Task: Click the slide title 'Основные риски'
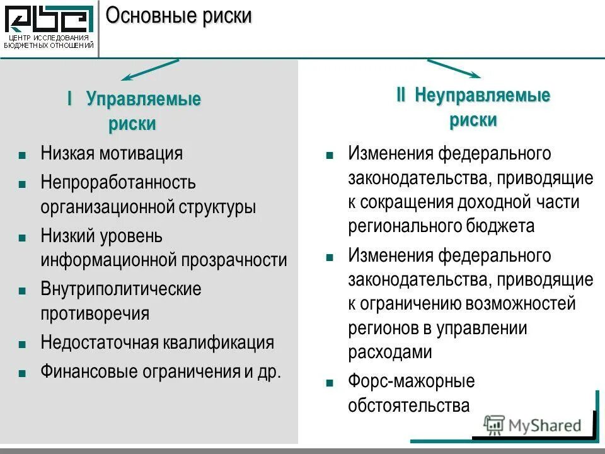(178, 16)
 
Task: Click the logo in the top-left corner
(49, 25)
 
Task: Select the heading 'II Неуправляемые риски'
(473, 108)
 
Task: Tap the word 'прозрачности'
(234, 260)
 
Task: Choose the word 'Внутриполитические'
(121, 289)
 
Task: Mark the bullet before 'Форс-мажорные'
(329, 383)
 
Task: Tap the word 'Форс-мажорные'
(411, 381)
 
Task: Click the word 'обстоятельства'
(408, 405)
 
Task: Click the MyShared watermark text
(544, 426)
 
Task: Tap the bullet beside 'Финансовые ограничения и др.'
(22, 371)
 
